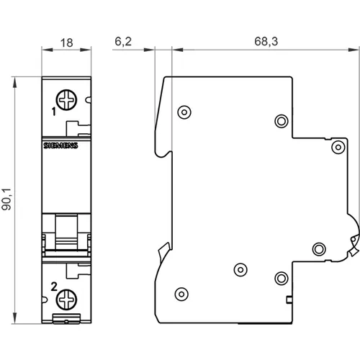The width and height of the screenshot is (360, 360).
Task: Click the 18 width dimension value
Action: [x=66, y=43]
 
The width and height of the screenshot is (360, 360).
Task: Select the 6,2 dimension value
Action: [x=123, y=42]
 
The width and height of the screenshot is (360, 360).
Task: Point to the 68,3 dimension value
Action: [x=266, y=41]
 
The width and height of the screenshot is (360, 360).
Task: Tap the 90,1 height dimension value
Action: [x=6, y=199]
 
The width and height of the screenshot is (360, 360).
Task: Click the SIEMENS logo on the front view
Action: [x=60, y=145]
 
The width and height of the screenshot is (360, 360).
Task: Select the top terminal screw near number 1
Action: [x=66, y=100]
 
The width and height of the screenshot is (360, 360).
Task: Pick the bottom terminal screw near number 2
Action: [x=66, y=300]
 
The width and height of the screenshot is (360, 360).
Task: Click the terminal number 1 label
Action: [x=54, y=112]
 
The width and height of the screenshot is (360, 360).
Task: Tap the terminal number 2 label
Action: [x=54, y=287]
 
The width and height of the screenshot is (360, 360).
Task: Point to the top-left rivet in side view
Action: [x=184, y=112]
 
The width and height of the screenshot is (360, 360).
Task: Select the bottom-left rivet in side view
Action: [x=181, y=294]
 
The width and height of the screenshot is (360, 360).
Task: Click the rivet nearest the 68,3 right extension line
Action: [x=338, y=147]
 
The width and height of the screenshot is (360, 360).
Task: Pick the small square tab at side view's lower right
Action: [x=289, y=300]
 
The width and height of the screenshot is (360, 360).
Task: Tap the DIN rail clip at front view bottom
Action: [x=66, y=318]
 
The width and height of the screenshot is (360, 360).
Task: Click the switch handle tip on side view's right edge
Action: [x=354, y=246]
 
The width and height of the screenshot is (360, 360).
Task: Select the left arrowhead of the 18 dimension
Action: [x=47, y=50]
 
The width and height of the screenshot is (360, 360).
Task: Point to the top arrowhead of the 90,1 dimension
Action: [x=15, y=82]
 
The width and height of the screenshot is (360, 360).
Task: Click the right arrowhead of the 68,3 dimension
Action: [x=354, y=50]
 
